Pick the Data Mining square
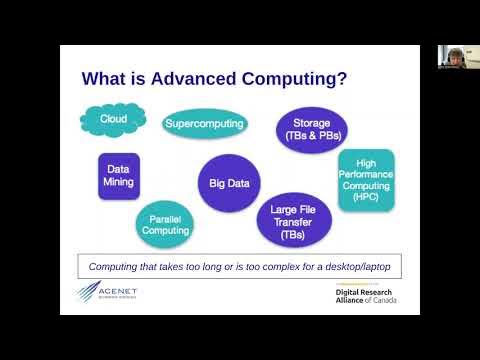[116, 177]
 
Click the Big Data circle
[228, 182]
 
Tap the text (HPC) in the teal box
[366, 198]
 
